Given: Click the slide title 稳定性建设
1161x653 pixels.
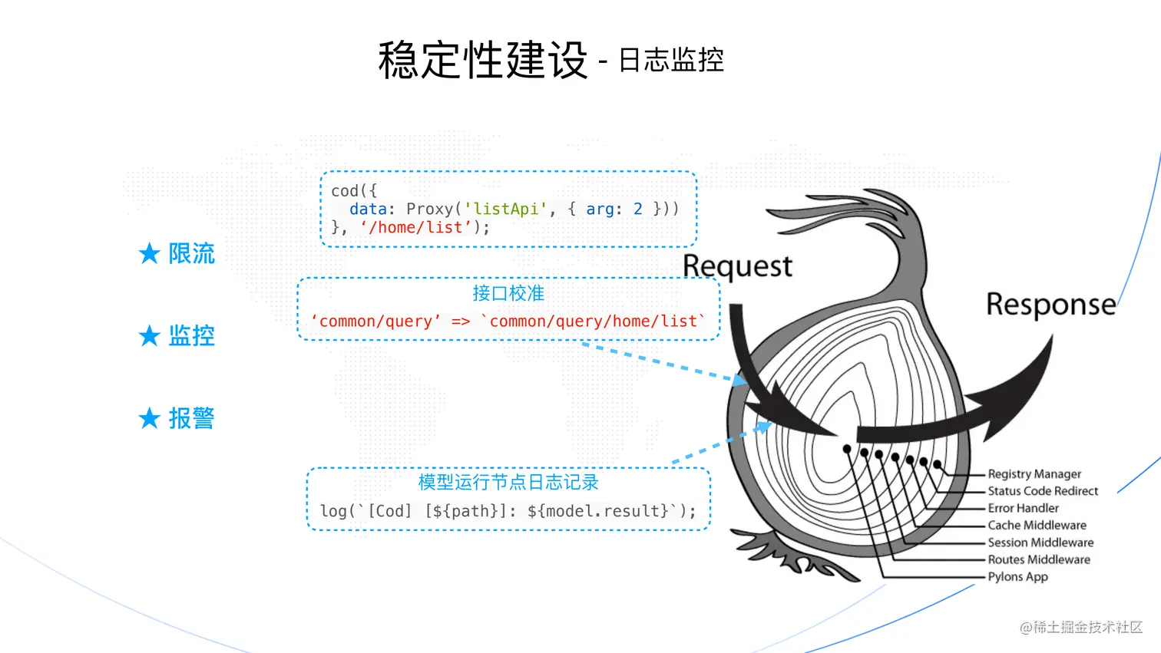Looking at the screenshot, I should (x=482, y=60).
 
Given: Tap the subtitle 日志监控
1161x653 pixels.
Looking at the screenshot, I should (x=671, y=60).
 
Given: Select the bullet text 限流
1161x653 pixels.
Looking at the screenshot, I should (x=192, y=253).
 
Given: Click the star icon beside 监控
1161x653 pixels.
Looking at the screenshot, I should (x=149, y=336).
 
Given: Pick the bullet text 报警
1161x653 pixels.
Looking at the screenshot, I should (x=192, y=418).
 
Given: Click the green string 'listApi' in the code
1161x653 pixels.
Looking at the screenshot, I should (x=506, y=209).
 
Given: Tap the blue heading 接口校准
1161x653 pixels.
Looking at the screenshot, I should (x=508, y=293).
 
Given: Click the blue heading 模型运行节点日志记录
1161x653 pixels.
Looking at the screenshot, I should (x=508, y=482).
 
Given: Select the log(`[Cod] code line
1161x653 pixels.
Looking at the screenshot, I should (x=508, y=511).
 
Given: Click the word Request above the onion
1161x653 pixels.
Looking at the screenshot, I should (x=737, y=266).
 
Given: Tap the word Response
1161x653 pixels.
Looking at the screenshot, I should (x=1050, y=305).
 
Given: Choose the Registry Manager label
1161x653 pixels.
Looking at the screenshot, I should (x=1034, y=474).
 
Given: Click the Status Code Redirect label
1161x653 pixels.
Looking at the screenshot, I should (x=1043, y=491).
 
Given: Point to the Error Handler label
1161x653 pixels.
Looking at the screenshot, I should (x=1023, y=508).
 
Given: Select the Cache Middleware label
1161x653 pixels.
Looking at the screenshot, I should (x=1037, y=526).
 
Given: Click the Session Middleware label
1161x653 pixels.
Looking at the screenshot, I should (x=1040, y=543).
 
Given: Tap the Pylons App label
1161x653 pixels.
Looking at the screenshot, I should (x=1017, y=577).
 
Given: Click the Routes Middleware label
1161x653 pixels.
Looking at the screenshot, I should (x=1039, y=560).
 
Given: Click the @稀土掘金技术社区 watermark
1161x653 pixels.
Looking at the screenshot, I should (x=1081, y=628).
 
